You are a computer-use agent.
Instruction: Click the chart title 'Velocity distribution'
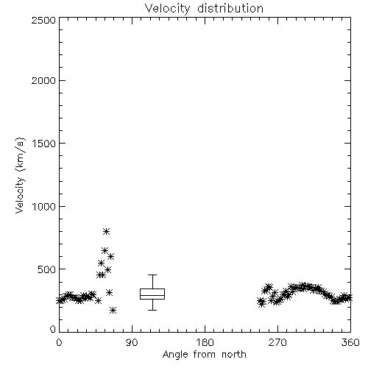coord(204,9)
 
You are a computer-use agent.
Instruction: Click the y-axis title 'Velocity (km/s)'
coord(20,175)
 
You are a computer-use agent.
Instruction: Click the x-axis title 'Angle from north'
coord(204,355)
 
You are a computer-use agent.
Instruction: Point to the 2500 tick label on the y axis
coord(43,20)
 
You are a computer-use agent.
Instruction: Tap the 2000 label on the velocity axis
coord(43,80)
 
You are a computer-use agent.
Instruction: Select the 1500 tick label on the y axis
coord(44,144)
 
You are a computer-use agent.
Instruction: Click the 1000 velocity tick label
coord(44,206)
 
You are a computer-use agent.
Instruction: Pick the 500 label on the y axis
coord(47,269)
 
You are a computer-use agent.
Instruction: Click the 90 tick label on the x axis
coord(132,342)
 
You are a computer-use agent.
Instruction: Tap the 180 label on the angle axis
coord(205,342)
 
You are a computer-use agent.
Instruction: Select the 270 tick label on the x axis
coord(277,342)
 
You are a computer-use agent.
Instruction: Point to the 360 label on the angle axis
coord(350,342)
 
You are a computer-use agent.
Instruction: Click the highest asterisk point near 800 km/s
coord(106,231)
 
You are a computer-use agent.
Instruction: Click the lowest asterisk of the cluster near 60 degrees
coord(113,311)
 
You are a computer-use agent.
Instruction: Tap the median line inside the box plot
coord(152,295)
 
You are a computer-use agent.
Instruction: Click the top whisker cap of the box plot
coord(152,275)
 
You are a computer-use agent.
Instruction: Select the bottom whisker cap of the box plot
coord(152,310)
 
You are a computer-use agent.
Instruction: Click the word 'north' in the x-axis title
coord(234,355)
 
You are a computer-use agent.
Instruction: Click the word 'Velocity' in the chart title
coord(167,9)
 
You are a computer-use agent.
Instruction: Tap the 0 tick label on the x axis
coord(59,342)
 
